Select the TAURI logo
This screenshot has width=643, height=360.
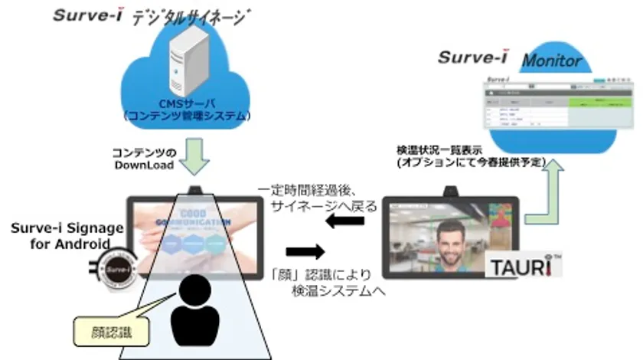tap(524, 266)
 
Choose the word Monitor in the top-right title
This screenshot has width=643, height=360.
tap(553, 61)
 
